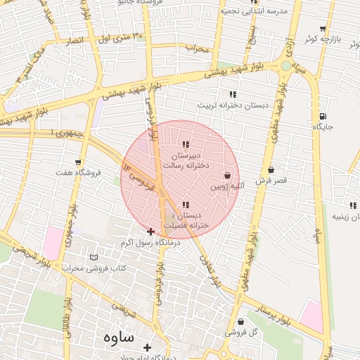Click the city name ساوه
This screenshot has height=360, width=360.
point(117,337)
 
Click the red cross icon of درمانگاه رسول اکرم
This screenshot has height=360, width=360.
point(150,231)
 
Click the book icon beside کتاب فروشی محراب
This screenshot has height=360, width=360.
point(94,258)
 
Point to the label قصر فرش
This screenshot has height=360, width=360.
point(271,181)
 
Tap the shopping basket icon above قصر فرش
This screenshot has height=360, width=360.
point(271,169)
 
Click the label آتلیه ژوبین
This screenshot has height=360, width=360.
point(228,187)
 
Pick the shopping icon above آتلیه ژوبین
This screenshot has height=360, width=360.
point(228,176)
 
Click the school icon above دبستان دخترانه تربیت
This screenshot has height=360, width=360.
point(233,94)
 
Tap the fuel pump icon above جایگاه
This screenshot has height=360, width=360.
point(323,116)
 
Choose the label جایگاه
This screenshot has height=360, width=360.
point(323,127)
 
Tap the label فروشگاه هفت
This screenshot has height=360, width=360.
point(78,172)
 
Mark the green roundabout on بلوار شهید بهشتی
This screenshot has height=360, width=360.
point(285,65)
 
